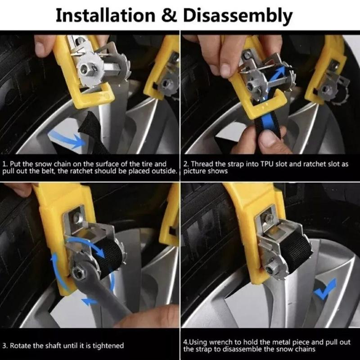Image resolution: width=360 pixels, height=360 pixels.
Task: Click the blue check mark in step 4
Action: tap(325, 288)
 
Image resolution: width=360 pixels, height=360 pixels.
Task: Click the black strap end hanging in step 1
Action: tap(94, 133)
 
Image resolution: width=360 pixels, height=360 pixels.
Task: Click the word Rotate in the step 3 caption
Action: tap(21, 346)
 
